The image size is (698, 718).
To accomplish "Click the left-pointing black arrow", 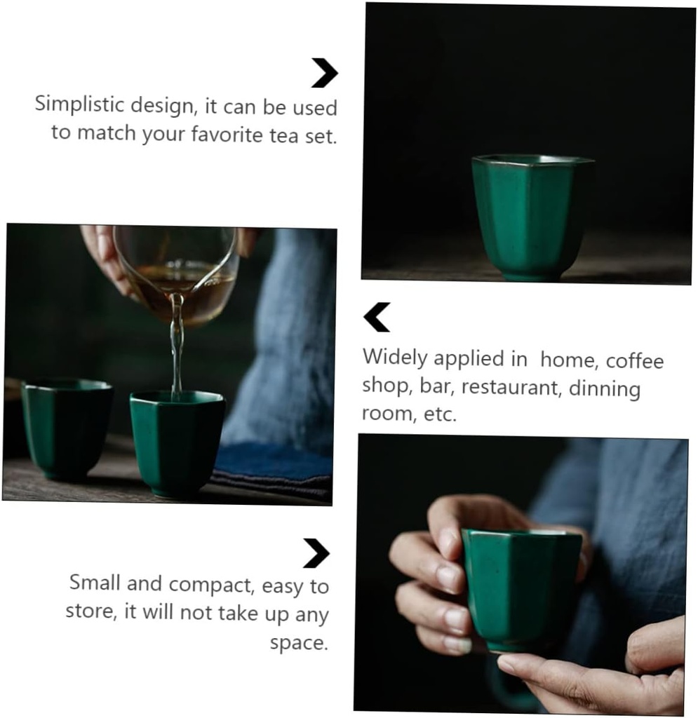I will pos(377,317).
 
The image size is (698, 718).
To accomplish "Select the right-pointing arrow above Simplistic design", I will pos(324,73).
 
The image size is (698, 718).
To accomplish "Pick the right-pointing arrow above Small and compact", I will pos(316,553).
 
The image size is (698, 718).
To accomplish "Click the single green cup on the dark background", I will pos(530,216).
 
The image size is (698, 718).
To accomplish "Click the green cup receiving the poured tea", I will pos(177,442).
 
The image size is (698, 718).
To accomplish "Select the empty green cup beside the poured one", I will pos(66,428).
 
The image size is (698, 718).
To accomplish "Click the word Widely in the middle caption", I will pos(395,358).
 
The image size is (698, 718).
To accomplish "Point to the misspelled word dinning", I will pos(605,388).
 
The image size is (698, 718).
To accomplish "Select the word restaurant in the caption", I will pos(512,387).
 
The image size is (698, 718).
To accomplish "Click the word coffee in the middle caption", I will pos(634,360).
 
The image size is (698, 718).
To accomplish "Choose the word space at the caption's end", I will pos(299,642).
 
